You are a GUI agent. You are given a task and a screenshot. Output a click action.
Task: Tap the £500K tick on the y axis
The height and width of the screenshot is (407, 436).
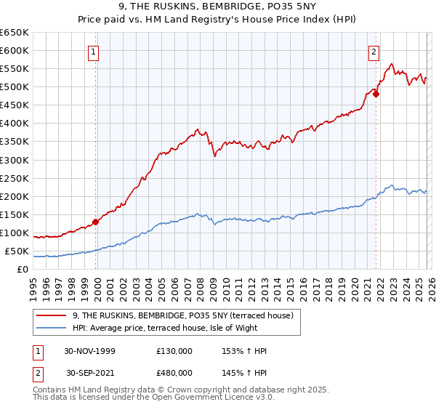tap(15, 87)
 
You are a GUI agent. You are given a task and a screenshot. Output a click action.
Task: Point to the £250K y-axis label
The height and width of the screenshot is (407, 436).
tap(15, 178)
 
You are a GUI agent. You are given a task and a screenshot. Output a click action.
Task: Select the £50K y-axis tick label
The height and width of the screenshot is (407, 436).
tap(17, 251)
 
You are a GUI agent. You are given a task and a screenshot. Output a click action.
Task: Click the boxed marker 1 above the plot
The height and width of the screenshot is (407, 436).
tap(95, 51)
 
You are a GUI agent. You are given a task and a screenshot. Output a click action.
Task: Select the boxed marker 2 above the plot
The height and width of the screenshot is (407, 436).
tap(374, 51)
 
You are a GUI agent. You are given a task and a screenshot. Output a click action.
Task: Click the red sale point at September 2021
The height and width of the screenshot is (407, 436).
tap(376, 94)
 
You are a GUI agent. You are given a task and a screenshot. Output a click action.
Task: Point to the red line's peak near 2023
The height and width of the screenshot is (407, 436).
tap(392, 64)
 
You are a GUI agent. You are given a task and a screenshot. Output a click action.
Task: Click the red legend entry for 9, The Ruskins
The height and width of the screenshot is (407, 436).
tap(182, 315)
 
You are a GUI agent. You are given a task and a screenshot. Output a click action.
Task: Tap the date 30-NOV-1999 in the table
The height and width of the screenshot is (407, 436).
tap(89, 351)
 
